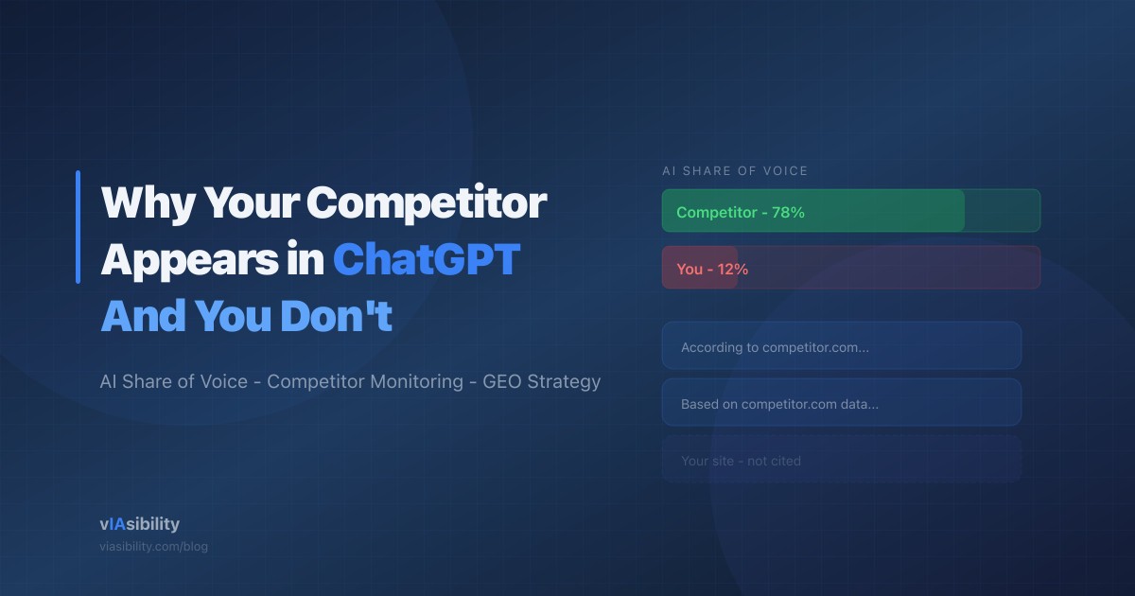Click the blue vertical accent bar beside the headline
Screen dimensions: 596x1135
[78, 227]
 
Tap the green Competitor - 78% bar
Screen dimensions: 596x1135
[813, 211]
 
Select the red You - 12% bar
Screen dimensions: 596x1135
[700, 268]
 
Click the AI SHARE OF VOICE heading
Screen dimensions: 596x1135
[735, 171]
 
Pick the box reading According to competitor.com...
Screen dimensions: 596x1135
[841, 346]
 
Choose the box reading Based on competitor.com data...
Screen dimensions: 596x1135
[841, 403]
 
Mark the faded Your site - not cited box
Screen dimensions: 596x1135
[841, 460]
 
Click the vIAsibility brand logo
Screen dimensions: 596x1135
[139, 524]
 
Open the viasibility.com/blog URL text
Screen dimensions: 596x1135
[153, 547]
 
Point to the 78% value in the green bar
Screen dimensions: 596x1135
[788, 213]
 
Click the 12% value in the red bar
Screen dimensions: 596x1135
[732, 270]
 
